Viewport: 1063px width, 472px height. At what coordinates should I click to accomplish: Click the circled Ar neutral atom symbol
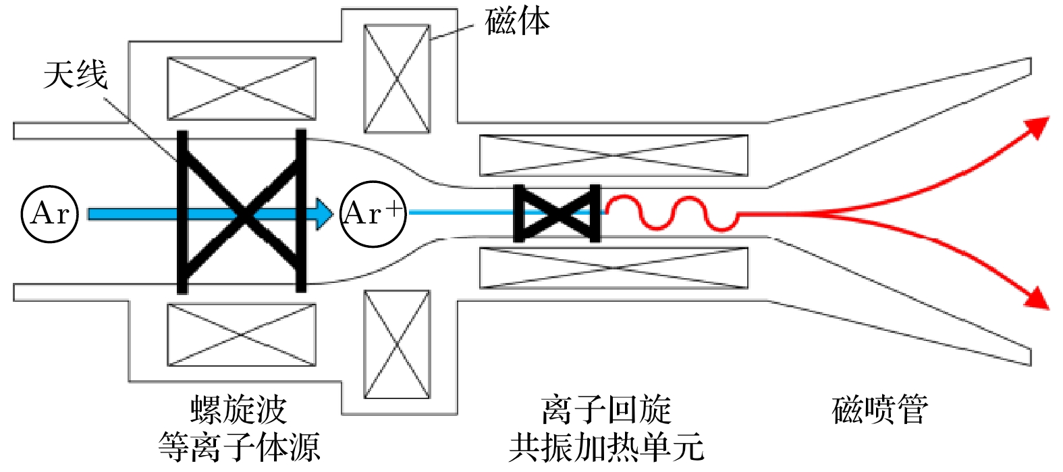click(x=50, y=214)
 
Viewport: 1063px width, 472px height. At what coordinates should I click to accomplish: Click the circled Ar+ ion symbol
click(x=373, y=214)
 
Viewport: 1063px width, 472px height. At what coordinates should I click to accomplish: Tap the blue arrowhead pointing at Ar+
click(x=325, y=214)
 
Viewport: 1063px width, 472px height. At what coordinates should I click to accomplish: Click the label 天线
click(x=76, y=74)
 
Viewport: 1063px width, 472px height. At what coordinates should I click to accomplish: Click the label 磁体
click(x=517, y=22)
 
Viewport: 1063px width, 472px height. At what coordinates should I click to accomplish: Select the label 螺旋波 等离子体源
click(x=239, y=428)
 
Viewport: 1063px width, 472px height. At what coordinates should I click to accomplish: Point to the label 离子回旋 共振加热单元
click(x=606, y=428)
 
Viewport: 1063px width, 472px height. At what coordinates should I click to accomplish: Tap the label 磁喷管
click(x=880, y=411)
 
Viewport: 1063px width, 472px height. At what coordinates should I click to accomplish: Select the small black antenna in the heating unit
click(x=557, y=213)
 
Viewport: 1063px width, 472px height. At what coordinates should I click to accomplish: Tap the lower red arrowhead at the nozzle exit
click(x=1037, y=298)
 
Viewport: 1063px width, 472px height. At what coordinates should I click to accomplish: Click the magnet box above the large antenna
click(x=242, y=88)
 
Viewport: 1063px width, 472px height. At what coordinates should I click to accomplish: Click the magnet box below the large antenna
click(x=242, y=335)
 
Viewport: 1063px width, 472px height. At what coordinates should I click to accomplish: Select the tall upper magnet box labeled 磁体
click(x=397, y=79)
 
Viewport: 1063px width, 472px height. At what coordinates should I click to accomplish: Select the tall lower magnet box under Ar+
click(x=397, y=344)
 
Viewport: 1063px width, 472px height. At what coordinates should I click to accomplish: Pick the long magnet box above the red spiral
click(x=614, y=155)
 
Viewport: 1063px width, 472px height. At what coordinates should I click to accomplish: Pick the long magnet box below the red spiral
click(x=614, y=268)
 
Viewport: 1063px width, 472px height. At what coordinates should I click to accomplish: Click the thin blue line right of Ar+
click(x=459, y=213)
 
